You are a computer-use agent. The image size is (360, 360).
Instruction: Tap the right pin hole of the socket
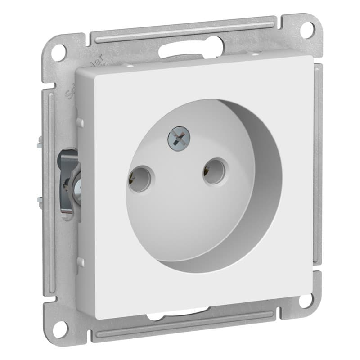click(213, 171)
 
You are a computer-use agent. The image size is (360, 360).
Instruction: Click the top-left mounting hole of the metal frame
click(58, 53)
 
